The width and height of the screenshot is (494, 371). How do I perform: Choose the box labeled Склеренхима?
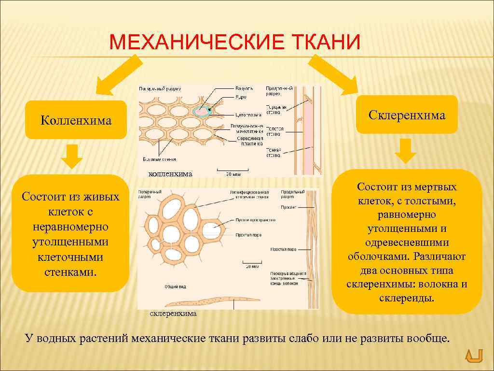(x=407, y=115)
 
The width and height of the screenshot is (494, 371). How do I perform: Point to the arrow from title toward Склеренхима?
(x=333, y=74)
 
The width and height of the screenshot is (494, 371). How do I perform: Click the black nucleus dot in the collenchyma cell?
(x=209, y=110)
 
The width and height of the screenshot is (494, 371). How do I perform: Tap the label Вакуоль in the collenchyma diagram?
(x=244, y=89)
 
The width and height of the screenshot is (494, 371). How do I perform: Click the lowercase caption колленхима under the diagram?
(x=170, y=173)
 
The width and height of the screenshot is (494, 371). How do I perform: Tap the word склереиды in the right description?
(x=407, y=298)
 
